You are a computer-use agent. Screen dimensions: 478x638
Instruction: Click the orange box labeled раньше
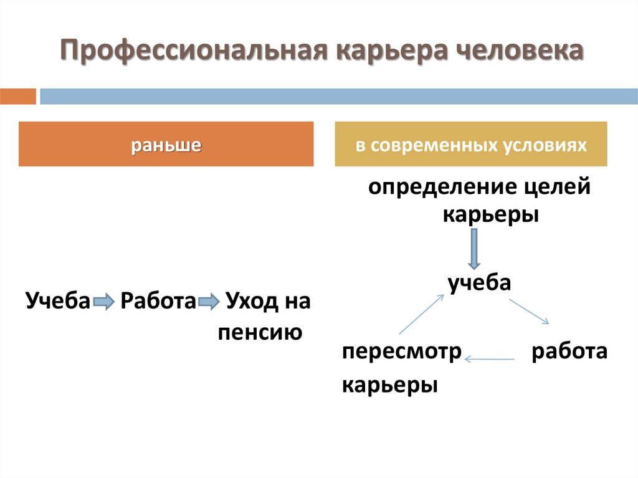pos(166,145)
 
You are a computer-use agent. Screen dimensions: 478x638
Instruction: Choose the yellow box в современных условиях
pos(471,145)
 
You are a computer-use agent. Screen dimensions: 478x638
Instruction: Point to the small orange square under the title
pos(18,97)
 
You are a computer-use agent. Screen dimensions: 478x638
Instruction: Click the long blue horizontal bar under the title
pos(339,97)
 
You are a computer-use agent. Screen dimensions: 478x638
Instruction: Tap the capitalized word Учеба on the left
pos(59,301)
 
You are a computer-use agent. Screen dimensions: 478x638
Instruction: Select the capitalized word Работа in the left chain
pos(158,301)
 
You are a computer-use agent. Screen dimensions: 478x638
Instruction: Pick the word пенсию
pos(260,332)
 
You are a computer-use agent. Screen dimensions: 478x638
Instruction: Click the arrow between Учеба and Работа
pos(104,303)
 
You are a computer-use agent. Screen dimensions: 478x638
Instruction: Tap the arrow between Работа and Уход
pos(207,303)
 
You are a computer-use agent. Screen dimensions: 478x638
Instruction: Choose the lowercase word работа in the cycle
pos(569,351)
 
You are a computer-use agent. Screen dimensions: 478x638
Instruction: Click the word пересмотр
pos(401,351)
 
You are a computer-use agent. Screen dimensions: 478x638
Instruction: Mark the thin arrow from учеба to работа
pos(529,312)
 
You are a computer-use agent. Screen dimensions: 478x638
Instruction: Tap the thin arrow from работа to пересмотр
pos(490,358)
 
